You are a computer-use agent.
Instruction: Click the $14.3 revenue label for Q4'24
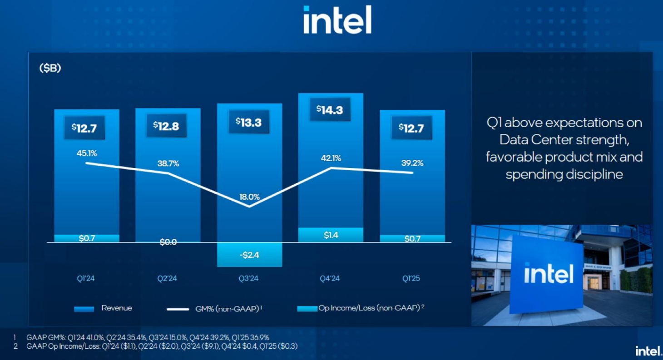[x=330, y=109]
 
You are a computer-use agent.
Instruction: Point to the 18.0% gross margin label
[x=249, y=197]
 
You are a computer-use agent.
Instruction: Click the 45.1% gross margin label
[x=86, y=153]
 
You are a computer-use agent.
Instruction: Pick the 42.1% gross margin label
[x=331, y=158]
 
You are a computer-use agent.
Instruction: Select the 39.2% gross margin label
[x=412, y=163]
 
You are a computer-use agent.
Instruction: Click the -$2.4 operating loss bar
[x=249, y=255]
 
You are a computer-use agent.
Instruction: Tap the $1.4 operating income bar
[x=331, y=235]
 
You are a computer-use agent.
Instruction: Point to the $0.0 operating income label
[x=168, y=242]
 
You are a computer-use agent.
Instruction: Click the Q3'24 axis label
[x=248, y=278]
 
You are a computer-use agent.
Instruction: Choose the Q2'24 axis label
[x=167, y=278]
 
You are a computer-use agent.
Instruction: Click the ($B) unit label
[x=50, y=69]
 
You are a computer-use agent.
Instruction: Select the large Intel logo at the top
[x=337, y=20]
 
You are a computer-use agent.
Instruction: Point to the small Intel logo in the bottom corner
[x=647, y=350]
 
